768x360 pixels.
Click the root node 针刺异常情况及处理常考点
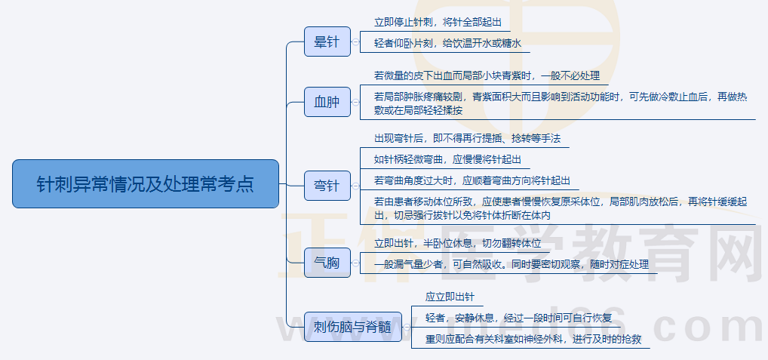(146, 183)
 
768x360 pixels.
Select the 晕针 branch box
(327, 42)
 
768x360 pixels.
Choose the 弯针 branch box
(327, 185)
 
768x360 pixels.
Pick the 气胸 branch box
(327, 263)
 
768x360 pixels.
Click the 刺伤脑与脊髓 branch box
(352, 328)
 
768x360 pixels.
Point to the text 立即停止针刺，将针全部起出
(438, 22)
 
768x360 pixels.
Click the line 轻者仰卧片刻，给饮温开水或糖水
(447, 43)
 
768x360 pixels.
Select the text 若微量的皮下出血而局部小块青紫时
(487, 75)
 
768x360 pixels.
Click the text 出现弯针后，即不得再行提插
(467, 139)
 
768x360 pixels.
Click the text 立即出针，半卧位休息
(458, 244)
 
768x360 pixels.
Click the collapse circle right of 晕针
(355, 42)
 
